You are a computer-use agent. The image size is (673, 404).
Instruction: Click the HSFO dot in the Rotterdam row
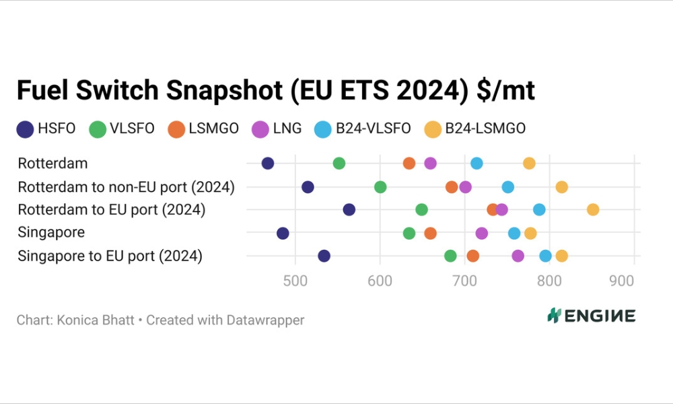coord(268,164)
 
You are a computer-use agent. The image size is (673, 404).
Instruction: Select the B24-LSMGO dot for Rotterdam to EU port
coord(593,209)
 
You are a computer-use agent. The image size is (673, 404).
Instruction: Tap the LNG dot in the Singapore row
coord(482,233)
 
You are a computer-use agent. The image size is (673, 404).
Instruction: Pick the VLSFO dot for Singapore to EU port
coord(451,256)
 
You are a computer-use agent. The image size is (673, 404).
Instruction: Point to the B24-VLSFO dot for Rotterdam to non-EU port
coord(508,187)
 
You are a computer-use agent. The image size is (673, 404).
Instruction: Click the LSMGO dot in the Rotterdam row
coord(409,164)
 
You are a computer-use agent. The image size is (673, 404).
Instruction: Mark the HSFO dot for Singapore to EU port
coord(324,256)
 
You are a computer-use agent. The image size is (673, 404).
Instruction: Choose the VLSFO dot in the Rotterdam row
coord(339,164)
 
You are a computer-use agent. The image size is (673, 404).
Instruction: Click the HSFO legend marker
coord(26,129)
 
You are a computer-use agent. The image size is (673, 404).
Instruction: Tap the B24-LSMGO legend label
coord(485,129)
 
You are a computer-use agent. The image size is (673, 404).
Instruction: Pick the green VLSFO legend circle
coord(98,129)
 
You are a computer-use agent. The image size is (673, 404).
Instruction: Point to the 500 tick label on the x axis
coord(295,281)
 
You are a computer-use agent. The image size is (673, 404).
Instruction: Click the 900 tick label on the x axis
coord(621,281)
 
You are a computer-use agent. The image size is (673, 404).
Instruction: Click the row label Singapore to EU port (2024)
coord(110,256)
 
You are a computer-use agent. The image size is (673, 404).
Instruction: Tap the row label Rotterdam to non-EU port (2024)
coord(126,187)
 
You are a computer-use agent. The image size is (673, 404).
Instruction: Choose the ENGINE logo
coord(592,315)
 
